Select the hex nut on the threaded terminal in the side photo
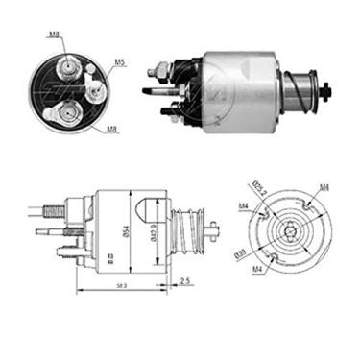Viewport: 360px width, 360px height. pos(163,70)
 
